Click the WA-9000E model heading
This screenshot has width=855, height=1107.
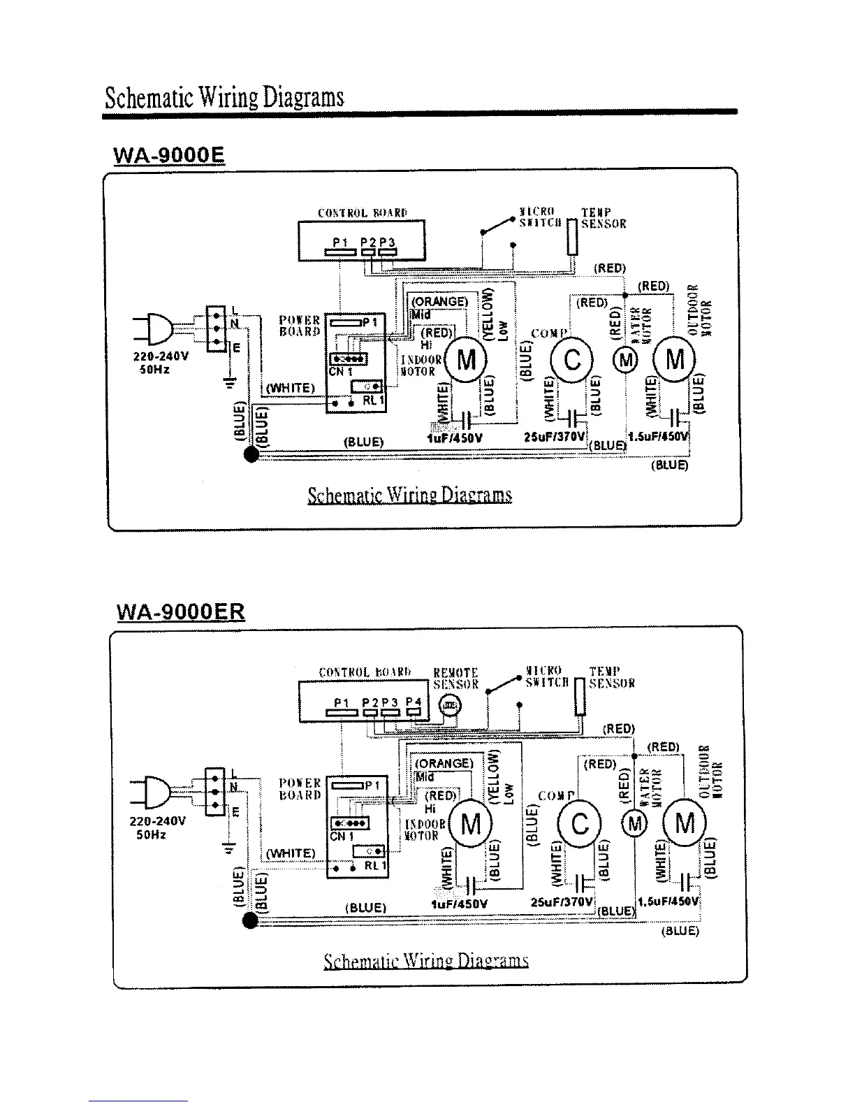pyautogui.click(x=168, y=154)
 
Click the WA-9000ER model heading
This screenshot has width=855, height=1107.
pyautogui.click(x=180, y=612)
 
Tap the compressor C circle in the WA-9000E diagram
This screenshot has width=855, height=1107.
pyautogui.click(x=572, y=361)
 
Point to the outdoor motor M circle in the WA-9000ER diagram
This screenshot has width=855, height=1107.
pyautogui.click(x=685, y=825)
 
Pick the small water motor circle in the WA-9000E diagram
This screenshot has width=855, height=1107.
pyautogui.click(x=625, y=361)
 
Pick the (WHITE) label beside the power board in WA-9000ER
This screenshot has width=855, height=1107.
pyautogui.click(x=291, y=853)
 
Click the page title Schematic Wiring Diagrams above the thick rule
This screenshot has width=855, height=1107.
pyautogui.click(x=224, y=96)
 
